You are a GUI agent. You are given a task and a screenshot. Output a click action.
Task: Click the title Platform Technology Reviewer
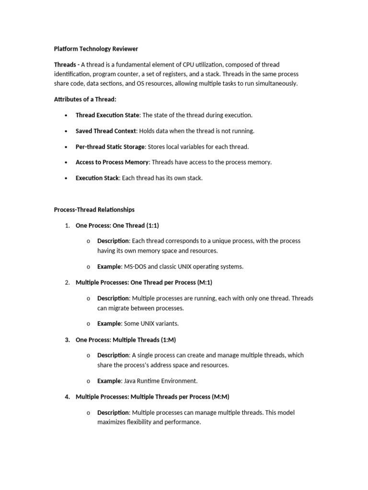96,49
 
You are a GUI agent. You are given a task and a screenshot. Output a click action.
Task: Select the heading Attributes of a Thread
85,99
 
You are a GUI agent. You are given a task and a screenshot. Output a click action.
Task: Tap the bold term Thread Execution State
107,115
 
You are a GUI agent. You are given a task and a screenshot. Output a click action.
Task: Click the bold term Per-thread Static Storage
110,146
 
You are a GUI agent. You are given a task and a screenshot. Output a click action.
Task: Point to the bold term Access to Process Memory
112,162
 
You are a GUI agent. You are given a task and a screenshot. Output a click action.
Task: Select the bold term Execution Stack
97,178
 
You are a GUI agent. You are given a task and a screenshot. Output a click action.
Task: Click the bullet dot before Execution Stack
66,178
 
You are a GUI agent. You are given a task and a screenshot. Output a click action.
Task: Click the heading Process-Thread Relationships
94,210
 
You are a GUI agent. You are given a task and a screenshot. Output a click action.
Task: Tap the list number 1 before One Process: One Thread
67,225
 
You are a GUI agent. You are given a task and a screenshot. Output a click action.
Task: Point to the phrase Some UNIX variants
151,323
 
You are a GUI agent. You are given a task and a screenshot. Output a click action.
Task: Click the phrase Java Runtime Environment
161,381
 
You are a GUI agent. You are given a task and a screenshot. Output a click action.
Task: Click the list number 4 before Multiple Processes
67,397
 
